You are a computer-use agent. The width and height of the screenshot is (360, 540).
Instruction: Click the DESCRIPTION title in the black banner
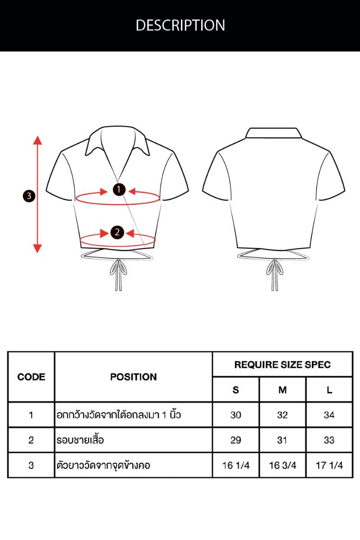click(x=180, y=25)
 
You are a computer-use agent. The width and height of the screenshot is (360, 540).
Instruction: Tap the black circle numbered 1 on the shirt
click(x=119, y=189)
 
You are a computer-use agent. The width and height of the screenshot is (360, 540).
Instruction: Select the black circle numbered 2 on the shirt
click(x=117, y=232)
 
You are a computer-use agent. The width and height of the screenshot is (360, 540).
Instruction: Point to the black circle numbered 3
click(x=29, y=196)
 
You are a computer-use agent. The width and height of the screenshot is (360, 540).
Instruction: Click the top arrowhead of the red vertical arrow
click(x=37, y=140)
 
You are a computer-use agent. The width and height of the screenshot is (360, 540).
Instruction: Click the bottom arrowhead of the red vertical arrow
click(x=37, y=248)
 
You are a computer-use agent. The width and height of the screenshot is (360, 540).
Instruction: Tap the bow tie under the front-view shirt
click(x=118, y=274)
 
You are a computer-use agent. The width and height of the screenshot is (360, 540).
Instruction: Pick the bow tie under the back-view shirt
click(x=274, y=274)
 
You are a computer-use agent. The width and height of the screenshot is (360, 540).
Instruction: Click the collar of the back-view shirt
click(x=274, y=133)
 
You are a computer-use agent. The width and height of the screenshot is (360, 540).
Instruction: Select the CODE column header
click(x=31, y=377)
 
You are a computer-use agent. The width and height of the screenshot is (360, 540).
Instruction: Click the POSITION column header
click(x=133, y=377)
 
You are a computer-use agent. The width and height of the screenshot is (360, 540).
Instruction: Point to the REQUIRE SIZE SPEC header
click(x=282, y=365)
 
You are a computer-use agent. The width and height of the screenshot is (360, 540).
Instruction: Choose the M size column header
click(x=283, y=390)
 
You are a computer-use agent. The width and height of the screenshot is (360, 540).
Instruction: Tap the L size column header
click(x=329, y=390)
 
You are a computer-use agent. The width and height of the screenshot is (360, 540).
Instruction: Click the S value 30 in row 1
click(x=236, y=414)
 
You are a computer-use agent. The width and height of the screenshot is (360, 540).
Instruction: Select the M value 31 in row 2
click(x=282, y=440)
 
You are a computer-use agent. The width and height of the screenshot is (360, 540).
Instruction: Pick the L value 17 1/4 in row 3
click(x=329, y=465)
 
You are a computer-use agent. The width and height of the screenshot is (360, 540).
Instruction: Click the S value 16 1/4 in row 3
click(x=236, y=465)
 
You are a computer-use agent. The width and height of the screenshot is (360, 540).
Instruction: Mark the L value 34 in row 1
click(x=329, y=414)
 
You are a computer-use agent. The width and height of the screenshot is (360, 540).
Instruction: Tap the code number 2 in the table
click(x=31, y=440)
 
